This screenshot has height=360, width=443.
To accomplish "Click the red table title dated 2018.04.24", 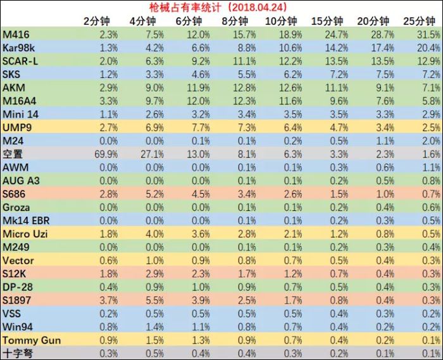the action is click(218, 7).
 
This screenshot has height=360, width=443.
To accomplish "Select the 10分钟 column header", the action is click(281, 21).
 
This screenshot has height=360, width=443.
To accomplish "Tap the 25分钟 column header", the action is click(419, 21).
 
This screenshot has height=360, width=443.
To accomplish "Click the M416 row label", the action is click(16, 34).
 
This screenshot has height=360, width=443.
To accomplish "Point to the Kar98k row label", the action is click(18, 47).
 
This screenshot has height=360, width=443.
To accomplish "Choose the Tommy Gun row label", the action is click(32, 340).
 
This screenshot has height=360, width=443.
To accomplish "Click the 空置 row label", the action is click(13, 154).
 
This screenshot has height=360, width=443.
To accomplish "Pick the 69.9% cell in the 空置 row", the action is click(106, 154).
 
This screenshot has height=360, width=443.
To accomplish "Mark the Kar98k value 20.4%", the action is click(428, 47).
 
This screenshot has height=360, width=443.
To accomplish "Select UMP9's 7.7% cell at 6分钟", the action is click(201, 128).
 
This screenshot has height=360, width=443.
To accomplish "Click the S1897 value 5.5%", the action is click(155, 300).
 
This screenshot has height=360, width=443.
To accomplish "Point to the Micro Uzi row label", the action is click(25, 234).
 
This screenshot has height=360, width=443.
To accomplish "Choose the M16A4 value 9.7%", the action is click(155, 101).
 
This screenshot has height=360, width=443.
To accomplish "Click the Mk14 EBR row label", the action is click(26, 221).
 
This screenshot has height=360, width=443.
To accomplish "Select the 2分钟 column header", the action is click(97, 21).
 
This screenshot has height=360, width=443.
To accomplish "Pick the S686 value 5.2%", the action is click(155, 194).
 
